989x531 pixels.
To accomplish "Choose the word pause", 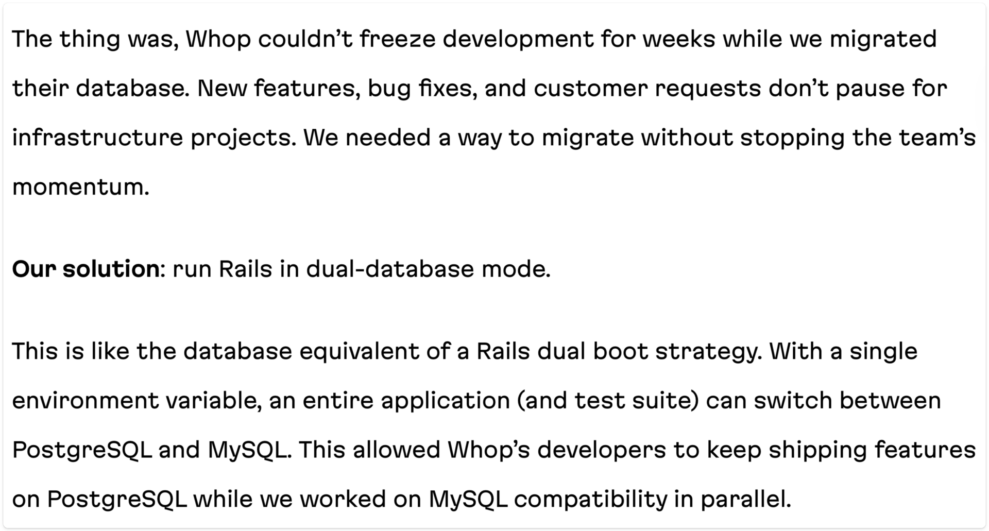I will (869, 89).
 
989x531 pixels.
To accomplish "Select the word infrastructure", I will (98, 138).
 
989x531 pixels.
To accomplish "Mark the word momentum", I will (80, 187).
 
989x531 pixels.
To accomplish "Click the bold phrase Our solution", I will (86, 269).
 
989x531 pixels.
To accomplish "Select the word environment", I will (86, 401).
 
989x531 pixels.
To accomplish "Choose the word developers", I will (602, 451).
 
